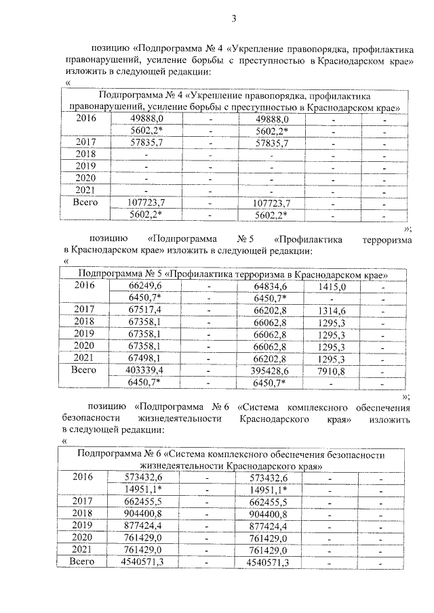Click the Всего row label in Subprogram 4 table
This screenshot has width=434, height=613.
(85, 202)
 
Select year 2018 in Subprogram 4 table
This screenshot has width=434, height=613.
(85, 154)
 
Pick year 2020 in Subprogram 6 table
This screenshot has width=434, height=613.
(85, 538)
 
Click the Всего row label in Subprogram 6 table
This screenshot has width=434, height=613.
(85, 562)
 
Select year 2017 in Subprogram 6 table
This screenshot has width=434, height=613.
(85, 501)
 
